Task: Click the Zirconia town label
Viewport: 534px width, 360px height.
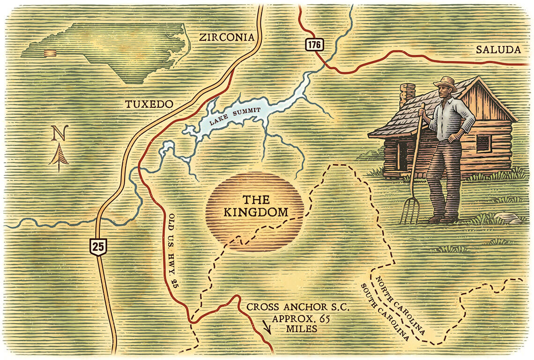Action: pos(226,37)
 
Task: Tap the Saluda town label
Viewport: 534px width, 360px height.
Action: pos(498,50)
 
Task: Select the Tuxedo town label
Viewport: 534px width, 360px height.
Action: pos(149,104)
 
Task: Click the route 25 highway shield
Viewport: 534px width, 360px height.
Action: pos(99,246)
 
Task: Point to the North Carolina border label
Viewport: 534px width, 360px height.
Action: pos(400,305)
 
